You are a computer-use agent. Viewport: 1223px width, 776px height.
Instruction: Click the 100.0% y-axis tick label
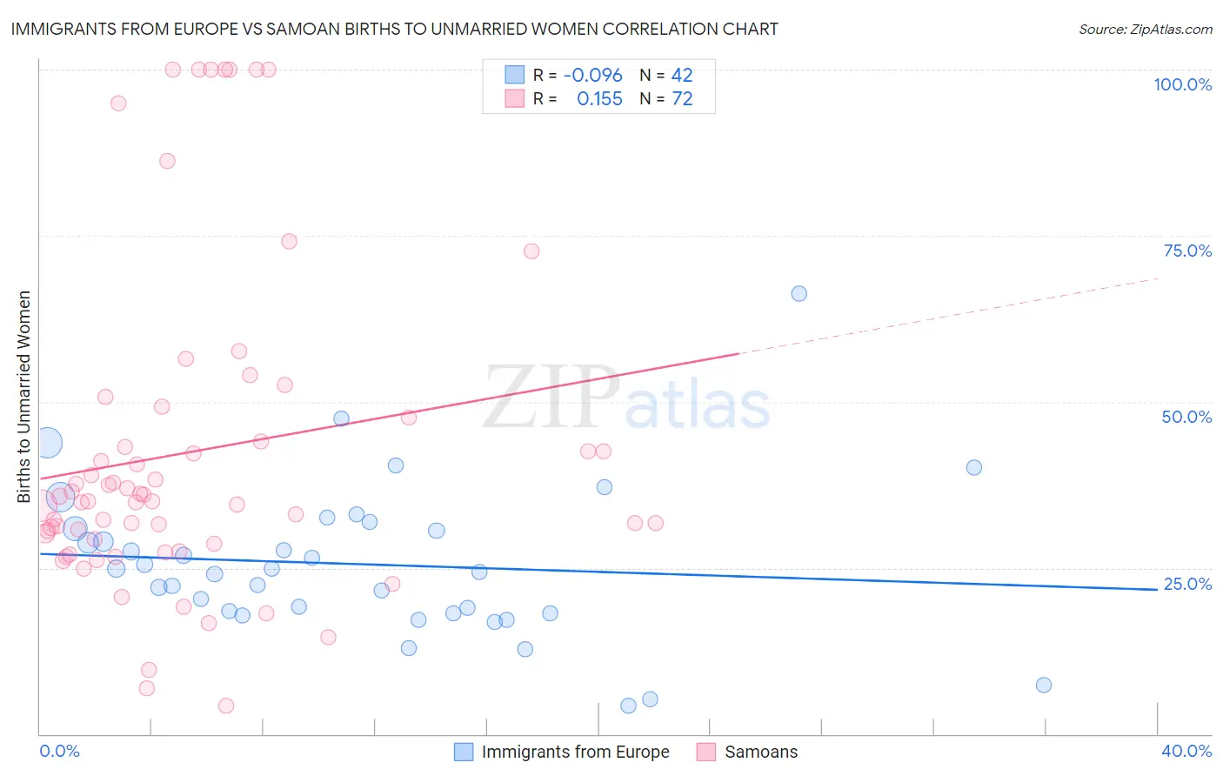tap(1182, 84)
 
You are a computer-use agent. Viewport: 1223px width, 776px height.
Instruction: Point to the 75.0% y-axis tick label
tap(1187, 251)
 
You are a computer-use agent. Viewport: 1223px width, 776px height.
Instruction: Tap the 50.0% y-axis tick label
tap(1186, 417)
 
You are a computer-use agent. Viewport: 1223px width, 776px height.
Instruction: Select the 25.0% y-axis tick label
tap(1187, 584)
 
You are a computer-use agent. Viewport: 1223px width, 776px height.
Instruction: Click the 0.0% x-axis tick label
tap(59, 751)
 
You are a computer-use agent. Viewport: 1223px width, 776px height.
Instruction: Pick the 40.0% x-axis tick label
tap(1186, 751)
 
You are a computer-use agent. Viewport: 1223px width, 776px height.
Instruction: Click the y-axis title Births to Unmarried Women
tap(23, 397)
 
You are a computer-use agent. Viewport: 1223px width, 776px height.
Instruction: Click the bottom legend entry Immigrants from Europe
tap(575, 752)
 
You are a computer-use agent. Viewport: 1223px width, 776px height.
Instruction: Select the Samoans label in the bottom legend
tap(760, 752)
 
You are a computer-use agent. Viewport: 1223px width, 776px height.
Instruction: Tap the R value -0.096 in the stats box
tap(592, 76)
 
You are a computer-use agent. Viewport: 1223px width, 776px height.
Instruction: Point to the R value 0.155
tap(599, 99)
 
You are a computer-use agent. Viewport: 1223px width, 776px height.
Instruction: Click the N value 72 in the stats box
tap(682, 99)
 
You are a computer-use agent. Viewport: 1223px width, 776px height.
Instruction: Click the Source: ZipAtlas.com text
tap(1145, 30)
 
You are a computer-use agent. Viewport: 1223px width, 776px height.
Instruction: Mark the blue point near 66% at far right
tap(799, 293)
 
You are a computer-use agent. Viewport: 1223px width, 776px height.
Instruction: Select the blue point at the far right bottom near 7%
tap(1044, 685)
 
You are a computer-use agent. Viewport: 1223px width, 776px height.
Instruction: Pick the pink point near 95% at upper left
tap(118, 104)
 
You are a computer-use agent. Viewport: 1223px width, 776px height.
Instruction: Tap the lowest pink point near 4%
tap(226, 706)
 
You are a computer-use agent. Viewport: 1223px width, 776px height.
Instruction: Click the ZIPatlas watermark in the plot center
tap(626, 399)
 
